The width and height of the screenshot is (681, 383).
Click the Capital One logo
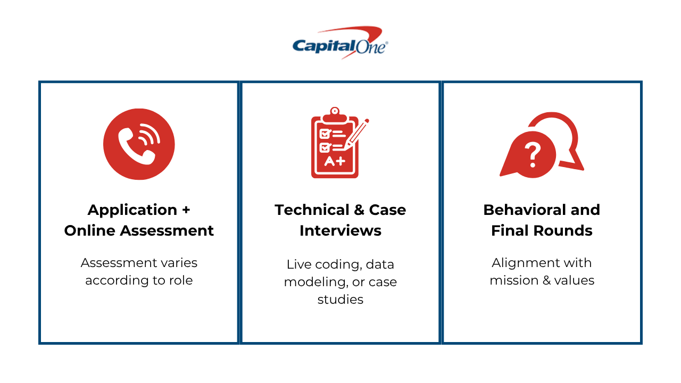pyautogui.click(x=340, y=43)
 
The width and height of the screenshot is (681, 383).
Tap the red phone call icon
pyautogui.click(x=139, y=144)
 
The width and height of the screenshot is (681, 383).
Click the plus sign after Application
pyautogui.click(x=186, y=210)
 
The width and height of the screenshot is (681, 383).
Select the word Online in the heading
pyautogui.click(x=90, y=230)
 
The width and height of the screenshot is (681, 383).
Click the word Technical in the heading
pyautogui.click(x=312, y=210)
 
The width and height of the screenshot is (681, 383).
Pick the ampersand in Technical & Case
pyautogui.click(x=359, y=210)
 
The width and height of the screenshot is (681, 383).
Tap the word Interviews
pyautogui.click(x=340, y=230)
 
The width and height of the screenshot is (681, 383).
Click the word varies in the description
pyautogui.click(x=179, y=263)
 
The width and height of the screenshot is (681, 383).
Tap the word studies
pyautogui.click(x=340, y=299)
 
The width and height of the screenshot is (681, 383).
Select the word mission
pyautogui.click(x=514, y=280)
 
